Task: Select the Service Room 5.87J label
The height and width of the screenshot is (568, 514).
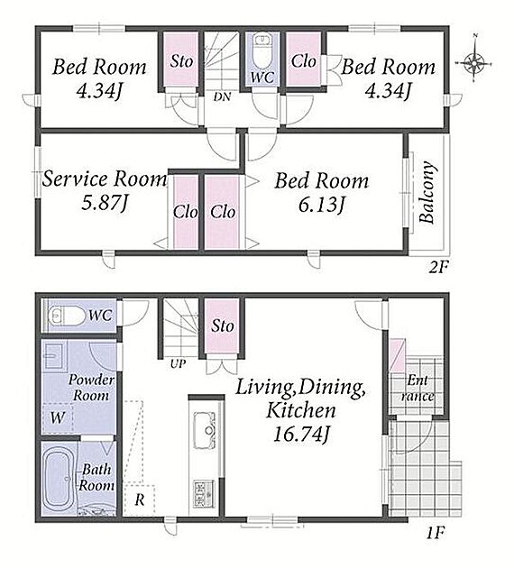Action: pyautogui.click(x=105, y=190)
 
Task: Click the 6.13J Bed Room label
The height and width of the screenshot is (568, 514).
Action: pyautogui.click(x=322, y=192)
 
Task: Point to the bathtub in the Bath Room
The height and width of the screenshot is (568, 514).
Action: pyautogui.click(x=58, y=478)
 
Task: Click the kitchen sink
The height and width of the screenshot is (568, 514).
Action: pyautogui.click(x=205, y=431)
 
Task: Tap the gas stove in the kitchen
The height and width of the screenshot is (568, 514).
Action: pyautogui.click(x=204, y=493)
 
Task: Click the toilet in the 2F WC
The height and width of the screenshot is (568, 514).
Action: pyautogui.click(x=262, y=50)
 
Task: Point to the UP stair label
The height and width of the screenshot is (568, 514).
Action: pyautogui.click(x=178, y=363)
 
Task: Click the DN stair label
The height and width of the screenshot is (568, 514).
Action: pyautogui.click(x=222, y=96)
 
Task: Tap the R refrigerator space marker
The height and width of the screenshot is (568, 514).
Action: pyautogui.click(x=140, y=500)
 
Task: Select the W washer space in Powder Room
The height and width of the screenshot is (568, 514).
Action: pyautogui.click(x=58, y=417)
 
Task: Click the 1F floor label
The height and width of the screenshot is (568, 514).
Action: pyautogui.click(x=435, y=533)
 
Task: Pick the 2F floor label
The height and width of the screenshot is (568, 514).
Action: pyautogui.click(x=438, y=268)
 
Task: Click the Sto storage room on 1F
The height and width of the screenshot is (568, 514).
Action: pyautogui.click(x=222, y=325)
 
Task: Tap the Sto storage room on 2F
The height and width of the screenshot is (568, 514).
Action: pyautogui.click(x=181, y=60)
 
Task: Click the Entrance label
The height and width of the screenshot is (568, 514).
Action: pyautogui.click(x=418, y=388)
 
